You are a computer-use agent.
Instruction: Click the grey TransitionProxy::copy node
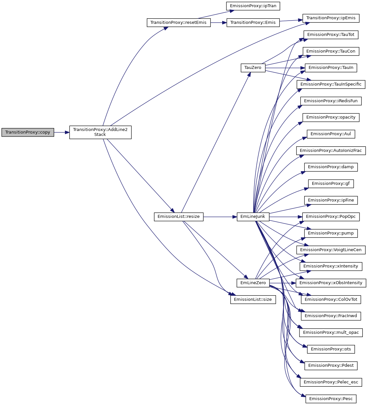(x=28, y=132)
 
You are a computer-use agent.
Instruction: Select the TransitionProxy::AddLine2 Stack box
(x=100, y=132)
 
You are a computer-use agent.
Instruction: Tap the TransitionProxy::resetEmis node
(x=178, y=23)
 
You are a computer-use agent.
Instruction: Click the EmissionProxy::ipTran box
(x=253, y=6)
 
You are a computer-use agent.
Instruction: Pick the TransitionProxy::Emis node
(x=253, y=23)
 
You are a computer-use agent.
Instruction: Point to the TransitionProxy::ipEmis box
(x=331, y=18)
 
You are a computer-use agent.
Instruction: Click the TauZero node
(x=253, y=68)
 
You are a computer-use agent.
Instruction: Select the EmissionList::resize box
(x=178, y=217)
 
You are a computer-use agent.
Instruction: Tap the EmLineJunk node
(x=253, y=217)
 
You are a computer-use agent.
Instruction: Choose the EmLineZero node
(x=253, y=283)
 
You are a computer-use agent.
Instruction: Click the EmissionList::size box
(x=253, y=300)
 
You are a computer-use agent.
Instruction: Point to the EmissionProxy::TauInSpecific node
(x=331, y=84)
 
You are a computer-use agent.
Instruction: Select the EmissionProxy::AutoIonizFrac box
(x=331, y=151)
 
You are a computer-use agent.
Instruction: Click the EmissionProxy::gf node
(x=331, y=184)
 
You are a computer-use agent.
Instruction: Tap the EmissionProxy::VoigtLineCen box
(x=331, y=250)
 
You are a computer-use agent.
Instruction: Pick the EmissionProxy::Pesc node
(x=331, y=399)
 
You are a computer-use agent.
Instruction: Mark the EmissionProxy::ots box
(x=331, y=349)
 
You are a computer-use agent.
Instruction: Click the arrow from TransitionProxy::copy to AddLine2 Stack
(x=62, y=132)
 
